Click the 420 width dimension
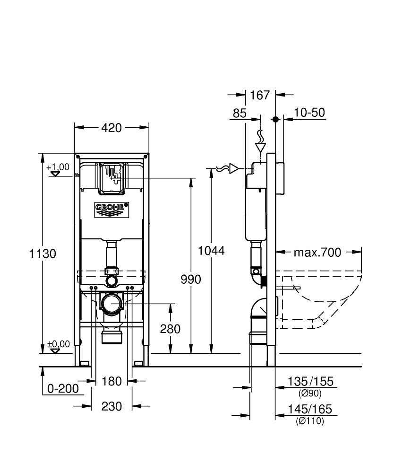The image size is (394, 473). (x=112, y=127)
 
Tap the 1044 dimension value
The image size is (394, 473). (x=211, y=250)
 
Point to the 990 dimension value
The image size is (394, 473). (x=191, y=279)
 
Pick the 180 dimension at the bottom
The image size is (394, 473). (x=112, y=381)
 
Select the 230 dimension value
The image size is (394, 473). (x=112, y=406)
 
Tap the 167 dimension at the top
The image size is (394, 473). (x=260, y=95)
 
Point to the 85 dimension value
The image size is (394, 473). (x=240, y=114)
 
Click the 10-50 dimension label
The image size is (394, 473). (x=309, y=113)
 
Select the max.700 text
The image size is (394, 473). (x=317, y=252)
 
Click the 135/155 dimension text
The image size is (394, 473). (x=310, y=381)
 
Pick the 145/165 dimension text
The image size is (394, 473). (x=310, y=409)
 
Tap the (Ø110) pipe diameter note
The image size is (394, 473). (x=310, y=421)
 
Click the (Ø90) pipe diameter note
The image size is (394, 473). (x=310, y=393)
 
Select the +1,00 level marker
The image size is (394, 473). (x=58, y=167)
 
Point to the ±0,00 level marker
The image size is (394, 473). (x=58, y=344)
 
